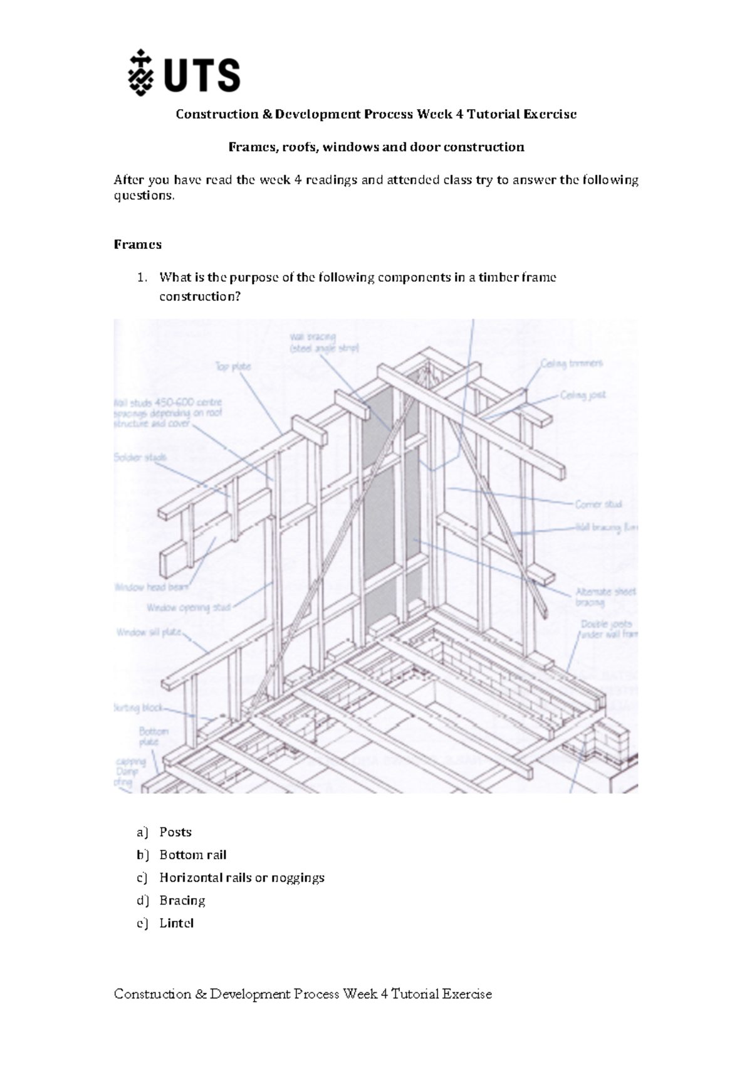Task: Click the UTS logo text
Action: [x=202, y=75]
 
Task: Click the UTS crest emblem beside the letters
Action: [x=140, y=73]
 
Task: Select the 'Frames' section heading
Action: [x=137, y=245]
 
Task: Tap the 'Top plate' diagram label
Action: [x=233, y=366]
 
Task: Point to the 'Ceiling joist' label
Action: [x=583, y=395]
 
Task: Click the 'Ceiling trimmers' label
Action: [x=572, y=363]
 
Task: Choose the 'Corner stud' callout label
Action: [x=598, y=504]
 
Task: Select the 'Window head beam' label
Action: [x=152, y=588]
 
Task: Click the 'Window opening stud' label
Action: [x=189, y=608]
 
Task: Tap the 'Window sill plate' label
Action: [x=149, y=632]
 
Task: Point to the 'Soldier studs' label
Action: [x=140, y=458]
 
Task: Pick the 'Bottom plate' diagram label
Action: [x=153, y=736]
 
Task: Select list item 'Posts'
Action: [x=175, y=832]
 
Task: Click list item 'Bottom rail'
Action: [x=192, y=855]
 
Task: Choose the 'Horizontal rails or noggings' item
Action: [x=241, y=877]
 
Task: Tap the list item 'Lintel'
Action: [x=176, y=923]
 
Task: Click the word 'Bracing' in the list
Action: [x=182, y=901]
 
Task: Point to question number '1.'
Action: [x=142, y=277]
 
